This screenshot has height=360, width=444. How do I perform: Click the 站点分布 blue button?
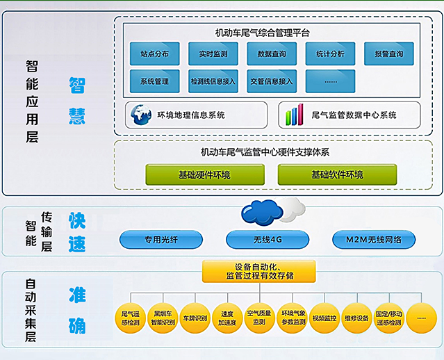(154, 54)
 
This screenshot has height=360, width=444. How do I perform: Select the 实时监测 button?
(213, 54)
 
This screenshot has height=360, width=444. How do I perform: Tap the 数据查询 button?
(272, 54)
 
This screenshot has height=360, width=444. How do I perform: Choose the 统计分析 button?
(330, 54)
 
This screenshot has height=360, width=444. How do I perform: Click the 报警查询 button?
(388, 54)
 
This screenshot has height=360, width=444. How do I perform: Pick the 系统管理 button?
(154, 81)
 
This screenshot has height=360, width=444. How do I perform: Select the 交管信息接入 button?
(272, 81)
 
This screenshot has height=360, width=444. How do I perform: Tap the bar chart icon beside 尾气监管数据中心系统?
(296, 115)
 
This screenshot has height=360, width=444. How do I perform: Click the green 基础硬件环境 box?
(196, 174)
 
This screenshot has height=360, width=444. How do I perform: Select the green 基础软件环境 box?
(337, 174)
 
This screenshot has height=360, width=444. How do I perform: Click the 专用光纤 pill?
(161, 240)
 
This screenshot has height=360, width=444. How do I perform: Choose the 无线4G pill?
(268, 240)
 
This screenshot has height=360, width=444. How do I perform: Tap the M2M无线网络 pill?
(375, 240)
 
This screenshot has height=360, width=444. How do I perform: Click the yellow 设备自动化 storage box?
(259, 271)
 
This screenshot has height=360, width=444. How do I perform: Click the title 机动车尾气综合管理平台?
(263, 32)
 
